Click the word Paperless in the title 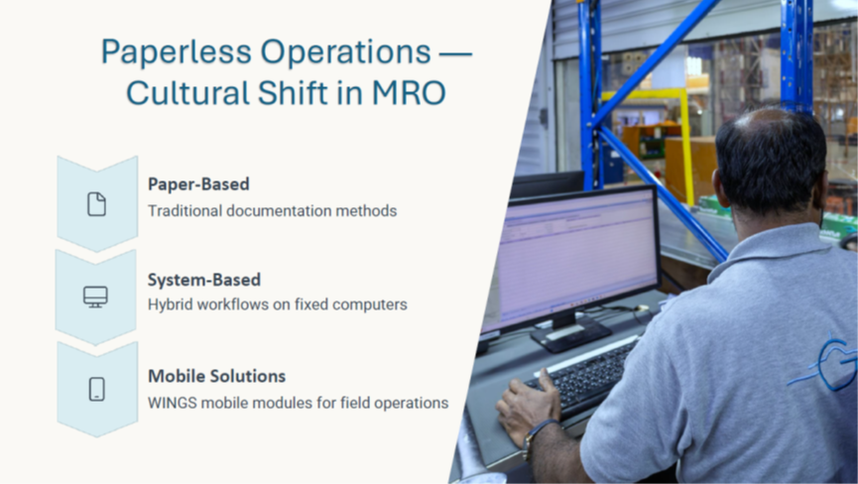[177, 53]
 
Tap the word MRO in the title [409, 93]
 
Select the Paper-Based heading [198, 184]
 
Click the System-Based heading [204, 280]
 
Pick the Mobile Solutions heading [216, 376]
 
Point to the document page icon [97, 204]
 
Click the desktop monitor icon [96, 297]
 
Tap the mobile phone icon [97, 390]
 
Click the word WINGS [173, 403]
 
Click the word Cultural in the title [187, 93]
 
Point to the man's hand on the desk [527, 403]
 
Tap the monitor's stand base [570, 334]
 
